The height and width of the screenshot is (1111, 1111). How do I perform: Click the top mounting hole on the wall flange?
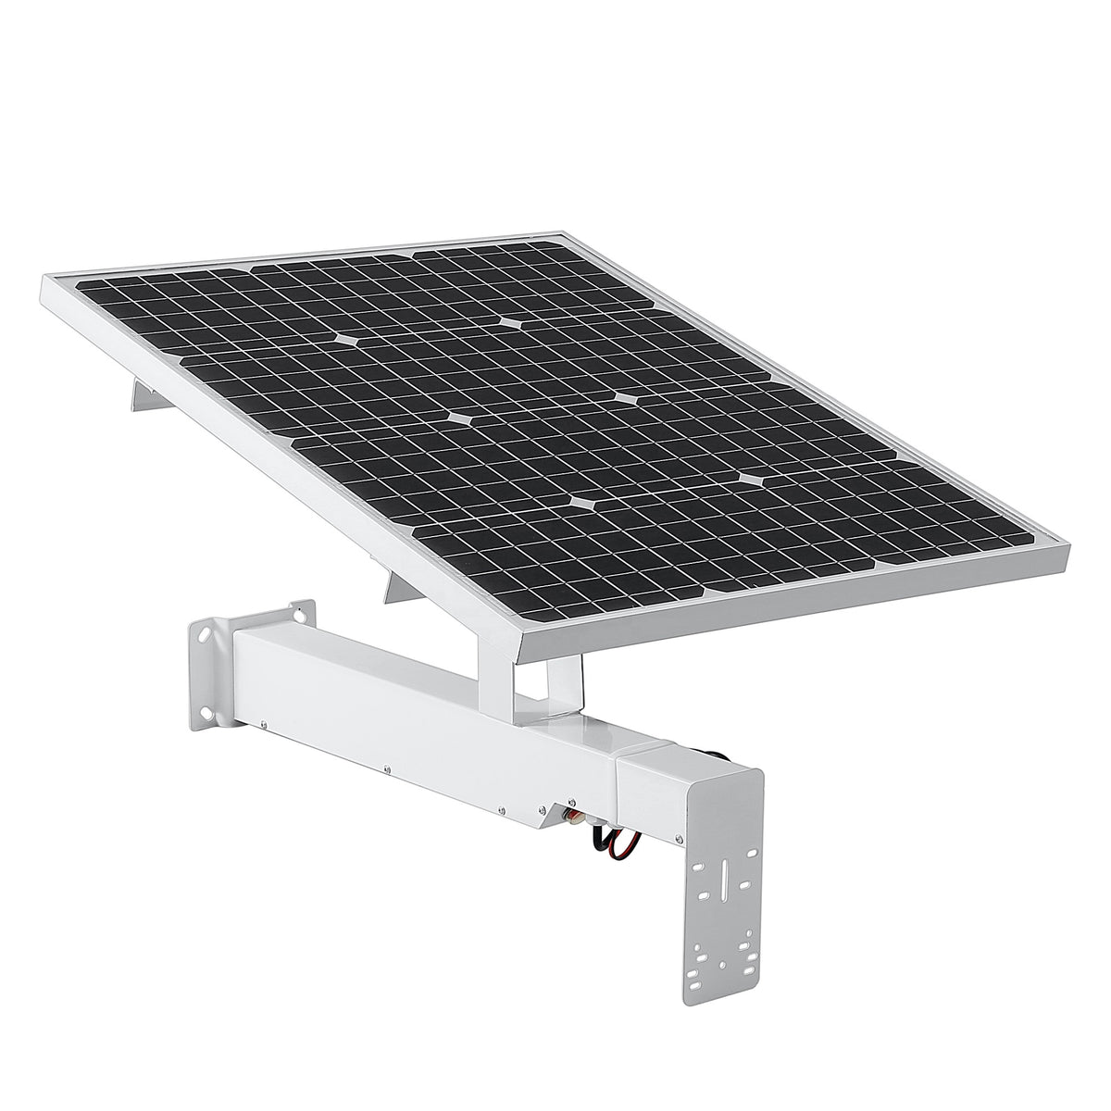[298, 612]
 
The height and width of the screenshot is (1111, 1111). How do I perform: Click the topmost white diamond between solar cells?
[512, 323]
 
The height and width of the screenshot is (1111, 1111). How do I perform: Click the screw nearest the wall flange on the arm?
[264, 725]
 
